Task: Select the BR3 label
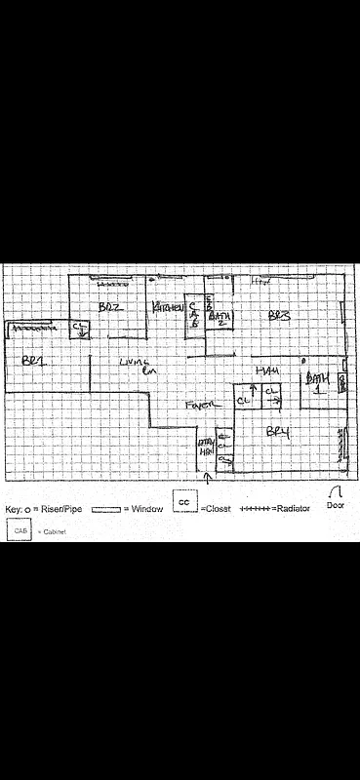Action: click(x=280, y=315)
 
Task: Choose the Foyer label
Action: click(x=200, y=404)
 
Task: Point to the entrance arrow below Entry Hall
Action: click(x=206, y=479)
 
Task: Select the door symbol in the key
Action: click(x=336, y=493)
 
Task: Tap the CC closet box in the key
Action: click(x=184, y=500)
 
